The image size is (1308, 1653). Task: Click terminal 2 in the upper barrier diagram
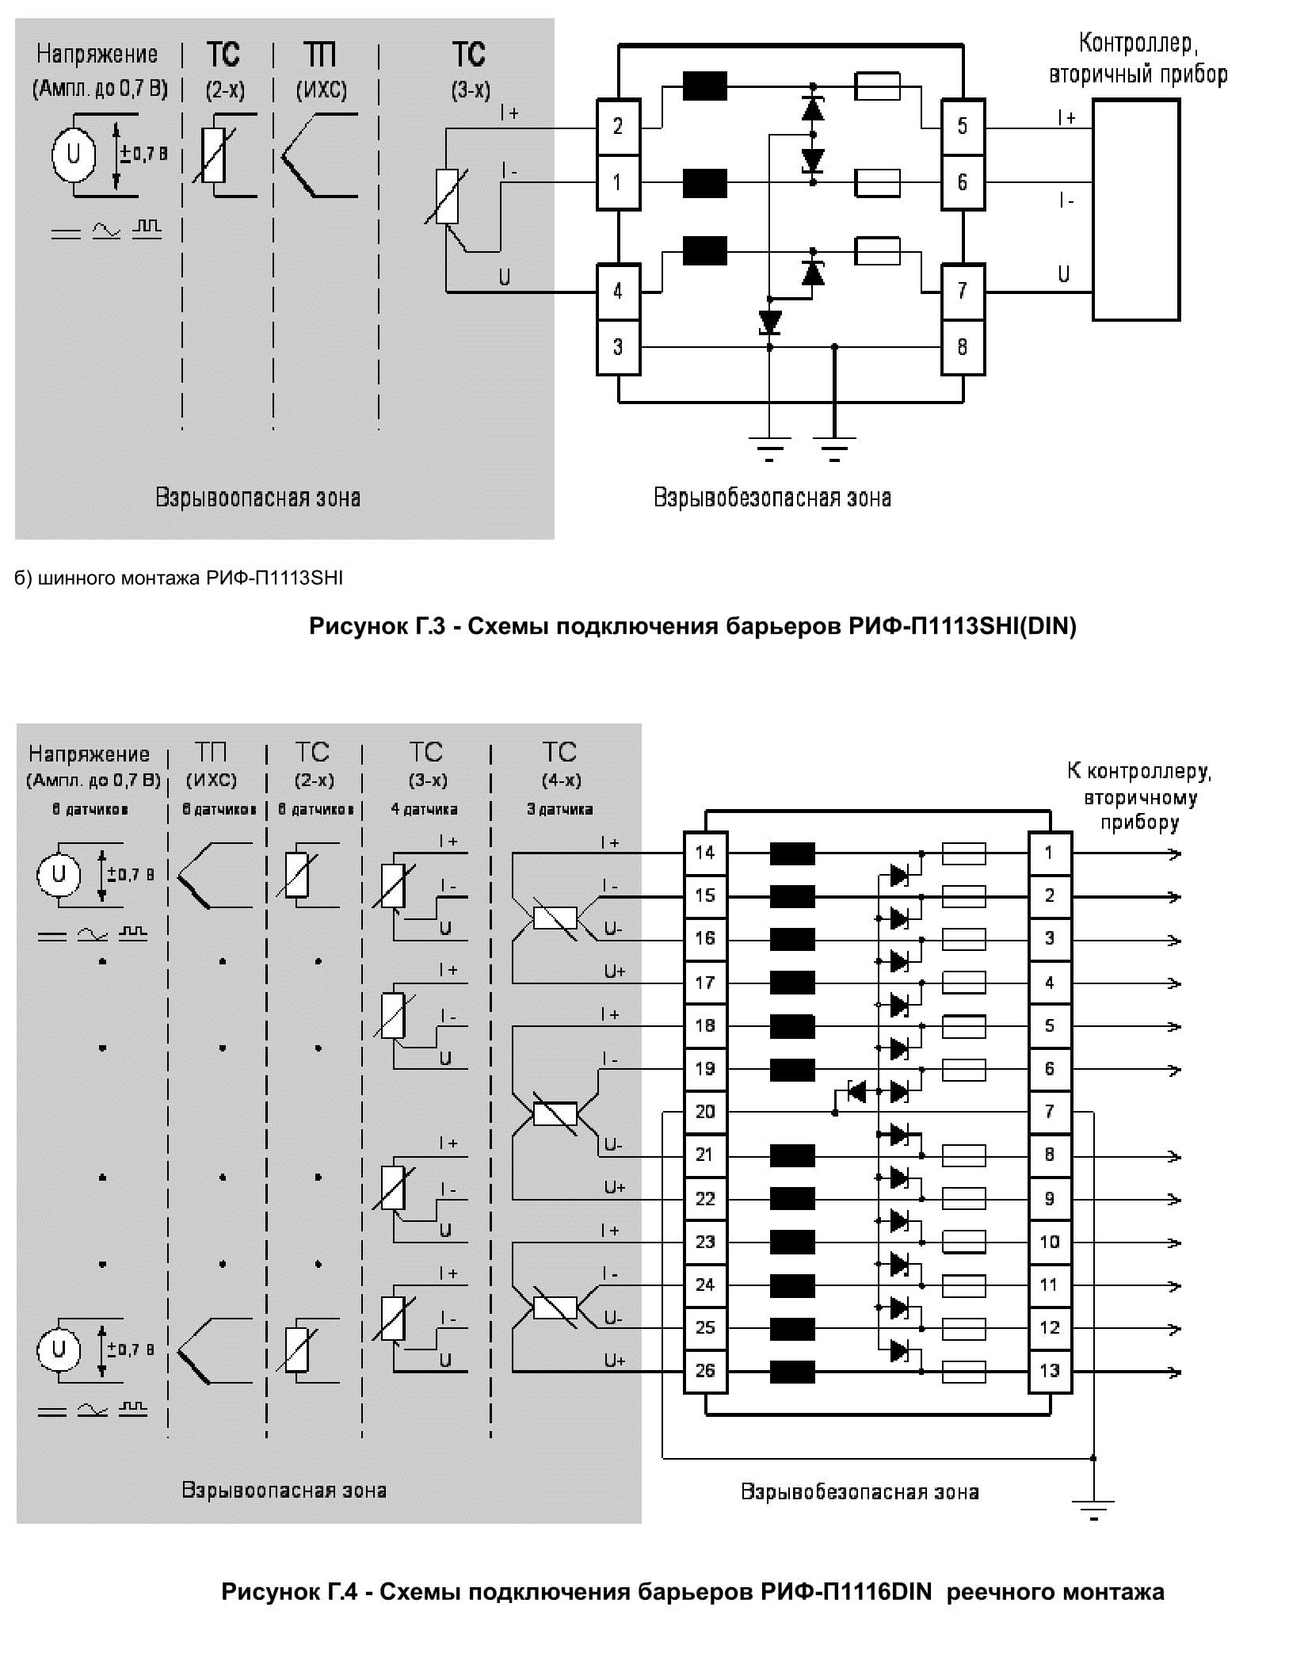point(618,127)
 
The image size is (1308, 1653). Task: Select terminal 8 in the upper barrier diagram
point(963,347)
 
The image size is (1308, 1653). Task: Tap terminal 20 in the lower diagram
point(705,1112)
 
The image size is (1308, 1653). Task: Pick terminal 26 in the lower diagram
point(705,1370)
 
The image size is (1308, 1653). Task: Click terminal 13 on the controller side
point(1050,1370)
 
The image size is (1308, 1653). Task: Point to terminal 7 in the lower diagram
point(1050,1112)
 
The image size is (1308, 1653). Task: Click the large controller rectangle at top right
point(1136,210)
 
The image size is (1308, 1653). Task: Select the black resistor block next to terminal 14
point(792,853)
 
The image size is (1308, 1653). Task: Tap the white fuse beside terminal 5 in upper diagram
point(878,86)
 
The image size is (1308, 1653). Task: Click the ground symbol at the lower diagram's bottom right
point(1093,1508)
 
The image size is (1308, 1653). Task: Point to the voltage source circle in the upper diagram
point(74,154)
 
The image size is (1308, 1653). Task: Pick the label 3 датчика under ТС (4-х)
point(560,809)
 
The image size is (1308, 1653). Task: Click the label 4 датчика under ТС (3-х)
point(425,809)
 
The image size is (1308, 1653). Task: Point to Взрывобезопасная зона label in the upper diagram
point(772,498)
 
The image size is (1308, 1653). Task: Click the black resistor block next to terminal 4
point(705,251)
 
